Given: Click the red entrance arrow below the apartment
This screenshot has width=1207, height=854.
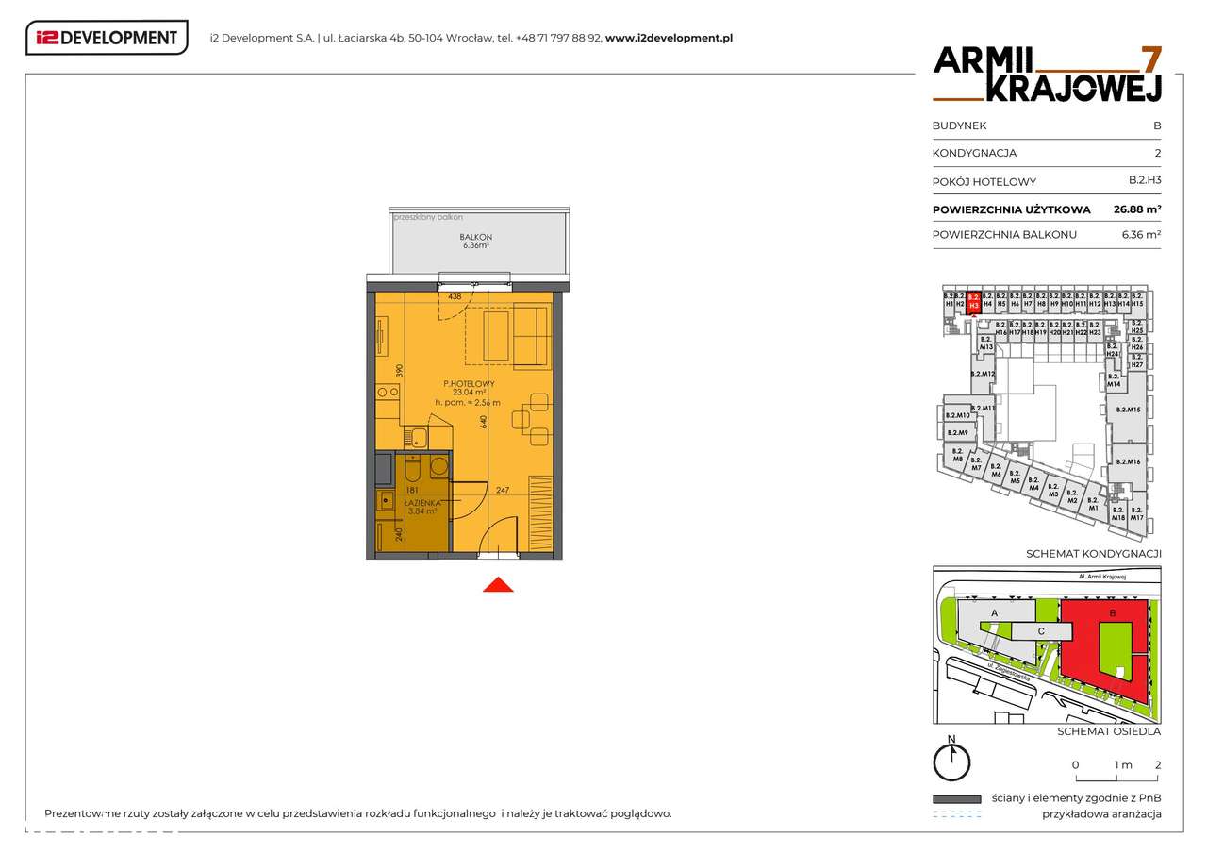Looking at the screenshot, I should tap(498, 585).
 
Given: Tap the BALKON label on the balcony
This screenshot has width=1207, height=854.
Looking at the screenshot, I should tap(476, 237).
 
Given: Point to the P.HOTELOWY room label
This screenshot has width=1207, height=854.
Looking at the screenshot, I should tap(469, 383).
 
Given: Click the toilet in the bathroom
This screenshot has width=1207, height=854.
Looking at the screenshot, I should tap(413, 468).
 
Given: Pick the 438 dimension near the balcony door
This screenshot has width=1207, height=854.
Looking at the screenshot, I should tap(455, 296).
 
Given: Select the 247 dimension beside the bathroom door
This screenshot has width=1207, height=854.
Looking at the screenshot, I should tap(503, 490).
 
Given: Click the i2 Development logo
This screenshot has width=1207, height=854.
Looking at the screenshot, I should tap(107, 38).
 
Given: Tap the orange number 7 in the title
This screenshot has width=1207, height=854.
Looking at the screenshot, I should tap(1150, 59).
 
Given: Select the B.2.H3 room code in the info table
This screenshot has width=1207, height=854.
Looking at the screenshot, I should tap(1145, 181).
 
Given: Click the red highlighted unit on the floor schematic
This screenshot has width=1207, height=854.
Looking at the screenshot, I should tap(974, 300).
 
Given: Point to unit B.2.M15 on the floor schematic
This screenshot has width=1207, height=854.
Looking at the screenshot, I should tap(1128, 410).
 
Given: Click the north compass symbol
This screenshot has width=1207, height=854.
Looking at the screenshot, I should tap(952, 759).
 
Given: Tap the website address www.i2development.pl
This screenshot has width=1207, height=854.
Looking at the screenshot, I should tap(669, 39).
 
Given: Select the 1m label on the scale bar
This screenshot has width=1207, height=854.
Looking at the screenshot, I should tap(1122, 765).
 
